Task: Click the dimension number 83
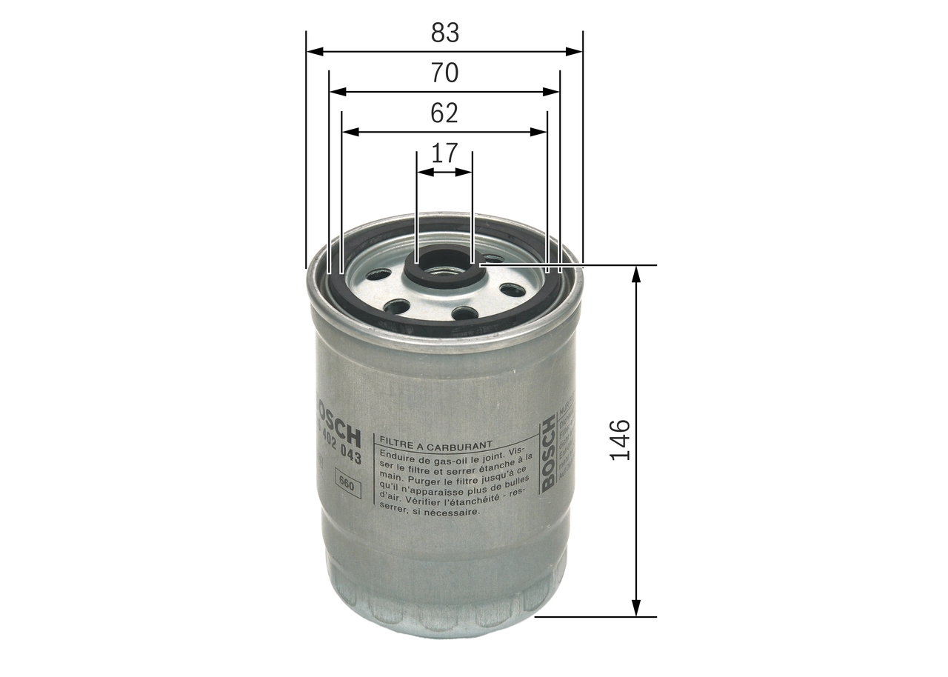(445, 33)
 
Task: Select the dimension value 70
(445, 73)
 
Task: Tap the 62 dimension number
(444, 113)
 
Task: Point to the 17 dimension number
(444, 153)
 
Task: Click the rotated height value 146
(620, 440)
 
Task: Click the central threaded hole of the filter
(444, 269)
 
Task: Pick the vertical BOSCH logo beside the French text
(549, 453)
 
